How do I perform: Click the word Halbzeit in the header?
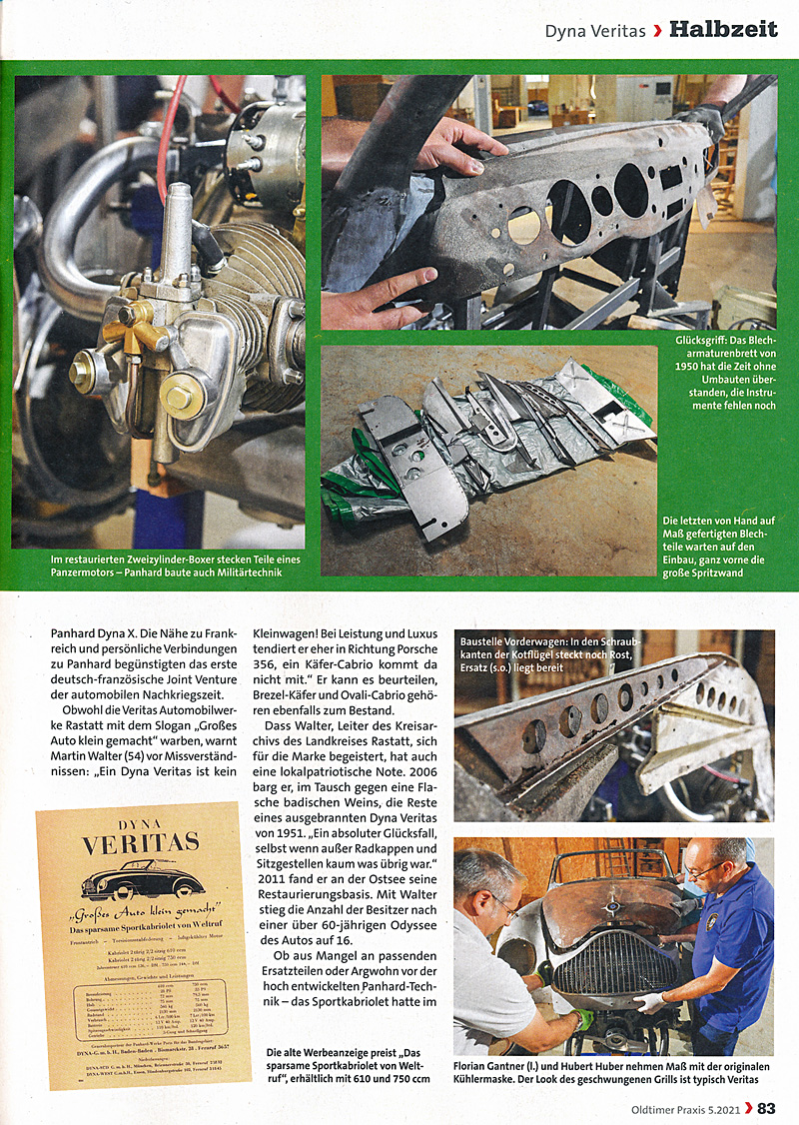coord(723,30)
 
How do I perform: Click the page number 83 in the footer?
coord(766,1107)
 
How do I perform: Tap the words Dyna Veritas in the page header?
coord(595,31)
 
